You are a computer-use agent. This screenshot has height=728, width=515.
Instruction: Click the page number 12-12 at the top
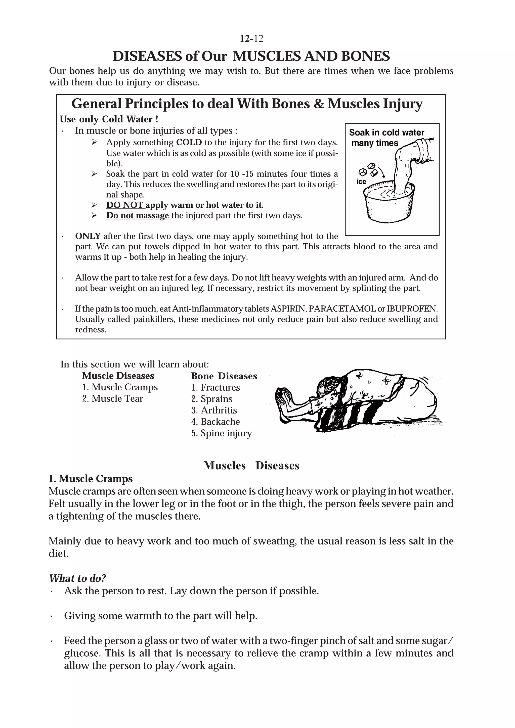pyautogui.click(x=251, y=39)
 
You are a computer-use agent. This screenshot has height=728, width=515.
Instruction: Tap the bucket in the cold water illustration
pyautogui.click(x=389, y=204)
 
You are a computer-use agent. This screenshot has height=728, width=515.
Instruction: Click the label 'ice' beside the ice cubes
pyautogui.click(x=361, y=182)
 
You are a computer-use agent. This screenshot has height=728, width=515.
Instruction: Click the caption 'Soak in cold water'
pyautogui.click(x=386, y=132)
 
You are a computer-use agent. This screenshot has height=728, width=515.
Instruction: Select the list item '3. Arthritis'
pyautogui.click(x=214, y=410)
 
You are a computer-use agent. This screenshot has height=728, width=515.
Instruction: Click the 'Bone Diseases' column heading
pyautogui.click(x=224, y=376)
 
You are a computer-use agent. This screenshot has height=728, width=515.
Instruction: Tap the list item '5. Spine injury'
pyautogui.click(x=221, y=433)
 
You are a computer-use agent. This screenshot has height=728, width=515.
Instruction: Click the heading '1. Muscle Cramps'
pyautogui.click(x=91, y=478)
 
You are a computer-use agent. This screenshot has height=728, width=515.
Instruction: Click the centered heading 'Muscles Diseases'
pyautogui.click(x=251, y=466)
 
